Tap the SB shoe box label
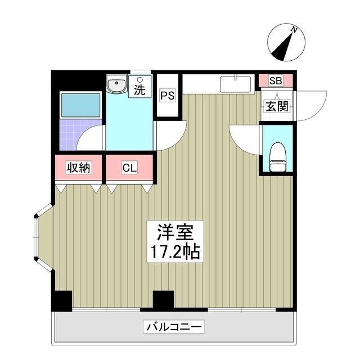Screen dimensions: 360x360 pos(275,80)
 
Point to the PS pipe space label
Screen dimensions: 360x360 pos(168,96)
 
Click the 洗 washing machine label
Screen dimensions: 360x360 pos(139,88)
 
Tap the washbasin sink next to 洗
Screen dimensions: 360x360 pos(117,86)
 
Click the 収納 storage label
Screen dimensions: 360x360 pos(79,167)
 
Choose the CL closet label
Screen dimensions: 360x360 pos(129,167)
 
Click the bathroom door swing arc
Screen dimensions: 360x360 pos(92,138)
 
